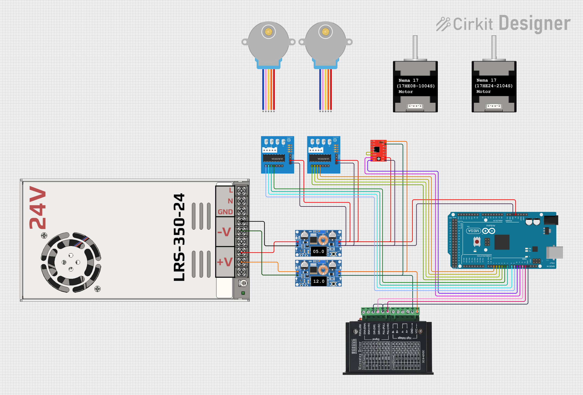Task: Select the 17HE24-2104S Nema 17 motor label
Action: (x=493, y=86)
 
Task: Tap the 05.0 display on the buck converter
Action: (x=318, y=251)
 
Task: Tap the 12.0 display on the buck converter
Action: (x=319, y=281)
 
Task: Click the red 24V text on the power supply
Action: (x=38, y=208)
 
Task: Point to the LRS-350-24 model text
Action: (x=179, y=237)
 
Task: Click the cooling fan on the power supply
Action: (x=71, y=262)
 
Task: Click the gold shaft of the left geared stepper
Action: (x=268, y=32)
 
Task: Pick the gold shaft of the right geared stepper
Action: (x=325, y=32)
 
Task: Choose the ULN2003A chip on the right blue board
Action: (x=320, y=159)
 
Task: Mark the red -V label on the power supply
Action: (x=224, y=232)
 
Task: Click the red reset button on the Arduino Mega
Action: (x=477, y=242)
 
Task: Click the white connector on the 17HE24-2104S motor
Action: (x=494, y=106)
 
